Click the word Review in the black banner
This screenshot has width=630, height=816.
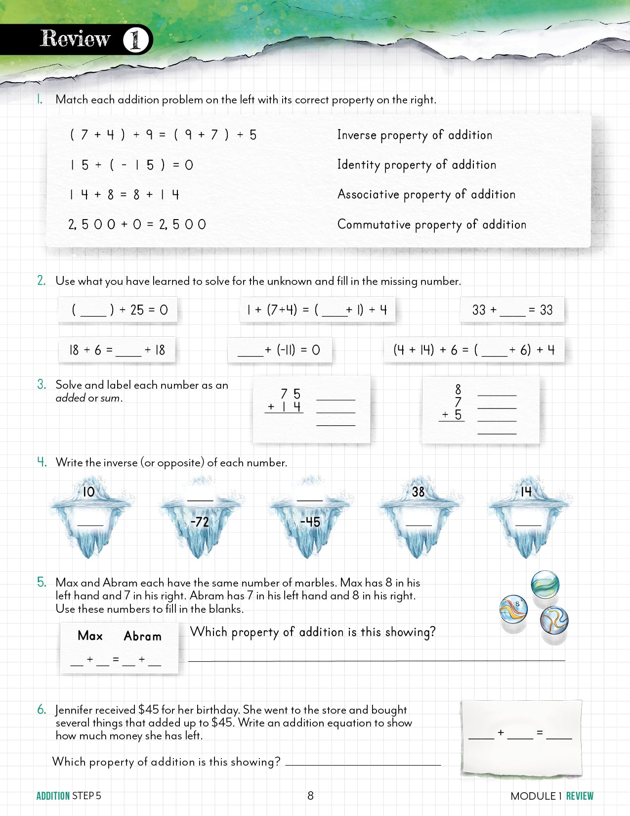75,39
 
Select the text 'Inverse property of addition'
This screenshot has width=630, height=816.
415,135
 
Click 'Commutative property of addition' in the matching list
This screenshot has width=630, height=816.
431,225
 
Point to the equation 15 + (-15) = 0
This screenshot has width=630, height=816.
131,165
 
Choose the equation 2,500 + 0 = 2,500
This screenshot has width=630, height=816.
137,225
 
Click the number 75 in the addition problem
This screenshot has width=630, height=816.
291,394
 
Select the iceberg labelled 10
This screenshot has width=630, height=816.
89,514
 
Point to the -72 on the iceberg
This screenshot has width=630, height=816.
200,522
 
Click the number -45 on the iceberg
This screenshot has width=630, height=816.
310,522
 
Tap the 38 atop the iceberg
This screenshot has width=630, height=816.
418,492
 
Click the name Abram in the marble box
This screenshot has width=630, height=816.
142,636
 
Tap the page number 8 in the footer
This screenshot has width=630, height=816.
310,796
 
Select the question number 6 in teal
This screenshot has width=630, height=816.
42,710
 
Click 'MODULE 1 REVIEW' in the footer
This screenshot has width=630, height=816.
551,796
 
